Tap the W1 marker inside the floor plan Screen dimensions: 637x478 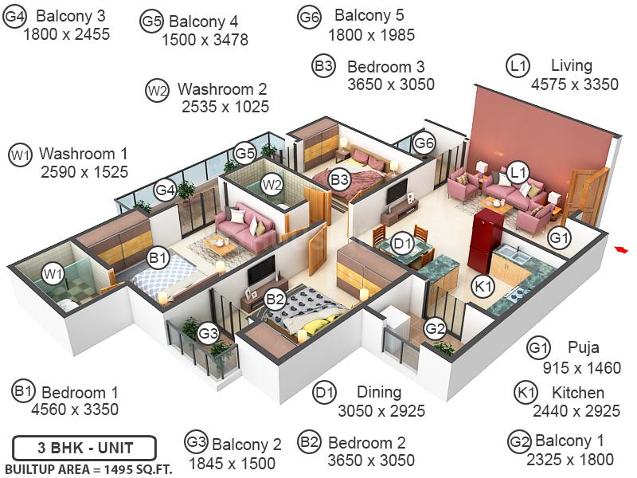[x=53, y=274]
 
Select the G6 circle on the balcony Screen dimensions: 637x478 [x=424, y=143]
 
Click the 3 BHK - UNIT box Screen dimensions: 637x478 [x=84, y=448]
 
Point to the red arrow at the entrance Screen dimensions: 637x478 [x=620, y=249]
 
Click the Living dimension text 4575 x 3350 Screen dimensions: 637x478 [x=575, y=84]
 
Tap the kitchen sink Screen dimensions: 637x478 [x=514, y=255]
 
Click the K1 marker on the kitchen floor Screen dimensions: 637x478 [x=483, y=286]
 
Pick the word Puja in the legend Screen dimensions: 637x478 [x=584, y=347]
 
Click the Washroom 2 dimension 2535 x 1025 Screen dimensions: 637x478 [x=225, y=107]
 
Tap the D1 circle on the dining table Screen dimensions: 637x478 [x=403, y=244]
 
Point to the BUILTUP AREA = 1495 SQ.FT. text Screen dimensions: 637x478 [x=88, y=469]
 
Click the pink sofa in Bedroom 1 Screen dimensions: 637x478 [x=244, y=223]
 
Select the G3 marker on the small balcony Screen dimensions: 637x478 [x=209, y=333]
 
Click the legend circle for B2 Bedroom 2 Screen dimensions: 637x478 [x=309, y=442]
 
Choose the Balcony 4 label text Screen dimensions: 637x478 [x=203, y=22]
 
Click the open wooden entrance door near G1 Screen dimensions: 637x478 [x=585, y=199]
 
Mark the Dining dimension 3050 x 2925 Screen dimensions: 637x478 [x=381, y=411]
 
